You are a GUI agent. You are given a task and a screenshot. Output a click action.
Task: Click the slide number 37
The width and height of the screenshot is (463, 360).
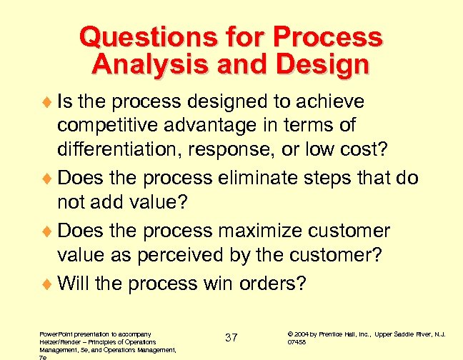231,336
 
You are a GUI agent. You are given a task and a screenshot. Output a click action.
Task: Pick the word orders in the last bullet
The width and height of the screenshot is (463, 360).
271,284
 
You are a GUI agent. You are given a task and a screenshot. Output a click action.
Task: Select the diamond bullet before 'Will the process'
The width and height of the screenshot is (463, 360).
48,284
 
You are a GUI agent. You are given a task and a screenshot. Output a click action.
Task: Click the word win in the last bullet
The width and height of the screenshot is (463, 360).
207,284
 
